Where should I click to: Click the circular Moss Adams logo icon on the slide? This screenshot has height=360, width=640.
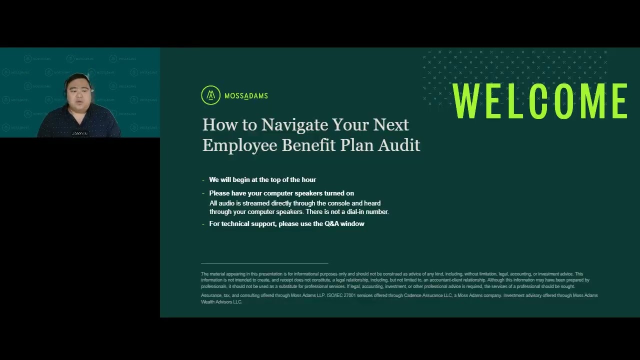pos(210,95)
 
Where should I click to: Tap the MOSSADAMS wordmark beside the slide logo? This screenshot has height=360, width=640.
pos(246,96)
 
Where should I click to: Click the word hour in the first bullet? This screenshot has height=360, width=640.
pos(308,179)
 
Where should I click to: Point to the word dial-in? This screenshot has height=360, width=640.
pos(355,212)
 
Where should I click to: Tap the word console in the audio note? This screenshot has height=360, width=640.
pos(338,203)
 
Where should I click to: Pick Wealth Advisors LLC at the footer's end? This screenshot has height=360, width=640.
pos(221,302)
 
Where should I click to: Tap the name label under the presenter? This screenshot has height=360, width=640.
pos(79,133)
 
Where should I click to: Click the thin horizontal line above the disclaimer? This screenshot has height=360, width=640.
pos(264,263)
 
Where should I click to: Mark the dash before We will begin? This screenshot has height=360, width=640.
pos(203,180)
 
